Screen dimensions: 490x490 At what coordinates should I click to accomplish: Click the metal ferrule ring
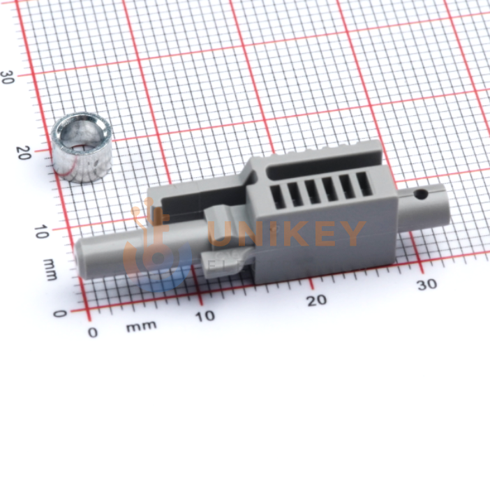(82, 149)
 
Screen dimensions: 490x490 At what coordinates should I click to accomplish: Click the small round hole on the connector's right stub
(421, 194)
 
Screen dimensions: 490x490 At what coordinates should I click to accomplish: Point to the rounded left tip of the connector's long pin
(77, 256)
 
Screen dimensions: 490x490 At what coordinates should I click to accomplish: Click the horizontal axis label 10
(205, 316)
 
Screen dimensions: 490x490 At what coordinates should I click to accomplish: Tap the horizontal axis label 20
(317, 300)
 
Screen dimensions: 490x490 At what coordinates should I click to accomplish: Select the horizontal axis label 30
(427, 284)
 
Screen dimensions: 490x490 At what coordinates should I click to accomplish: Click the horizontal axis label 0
(93, 332)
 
